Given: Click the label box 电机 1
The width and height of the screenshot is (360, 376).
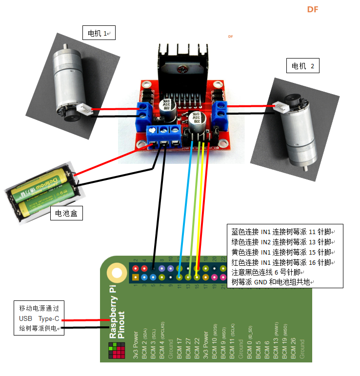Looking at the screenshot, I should pyautogui.click(x=98, y=34).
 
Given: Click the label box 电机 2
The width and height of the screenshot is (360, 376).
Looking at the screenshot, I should pyautogui.click(x=302, y=66).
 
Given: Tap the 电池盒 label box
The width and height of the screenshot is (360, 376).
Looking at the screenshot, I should pyautogui.click(x=66, y=213).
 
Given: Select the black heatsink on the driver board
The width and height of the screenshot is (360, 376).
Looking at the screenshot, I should pyautogui.click(x=182, y=64).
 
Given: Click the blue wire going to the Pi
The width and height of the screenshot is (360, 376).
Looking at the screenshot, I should pyautogui.click(x=184, y=205).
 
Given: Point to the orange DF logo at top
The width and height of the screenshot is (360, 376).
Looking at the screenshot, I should pyautogui.click(x=312, y=10).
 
